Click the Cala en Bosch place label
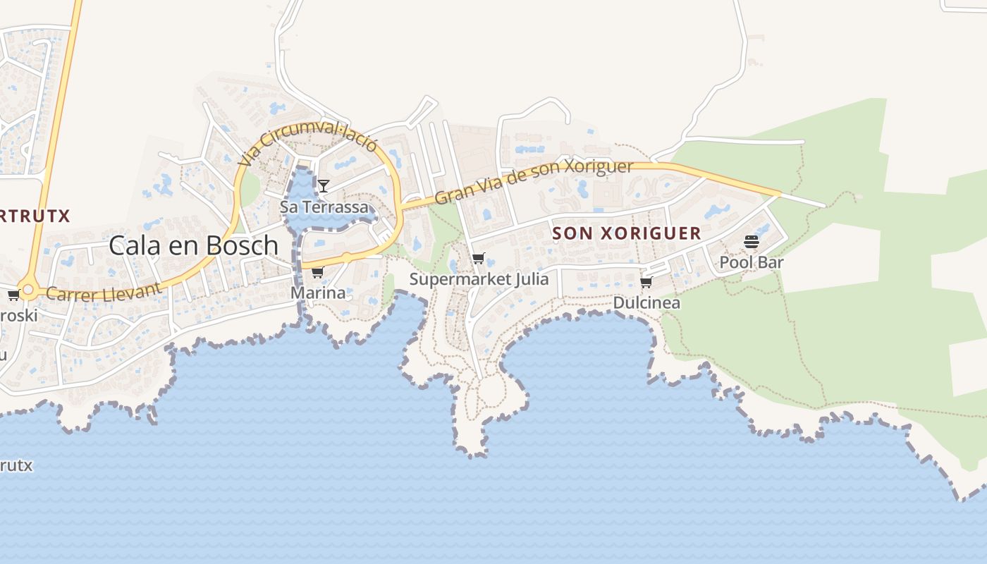pyautogui.click(x=193, y=245)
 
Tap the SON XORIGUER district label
pyautogui.click(x=627, y=233)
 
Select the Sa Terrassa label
pyautogui.click(x=324, y=207)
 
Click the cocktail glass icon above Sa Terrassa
pyautogui.click(x=323, y=186)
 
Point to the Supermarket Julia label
pyautogui.click(x=479, y=279)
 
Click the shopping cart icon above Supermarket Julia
pyautogui.click(x=479, y=259)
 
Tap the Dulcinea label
pyautogui.click(x=646, y=303)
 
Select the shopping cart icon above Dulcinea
pyautogui.click(x=646, y=283)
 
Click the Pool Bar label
pyautogui.click(x=752, y=263)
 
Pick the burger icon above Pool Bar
pyautogui.click(x=751, y=243)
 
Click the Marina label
pyautogui.click(x=318, y=293)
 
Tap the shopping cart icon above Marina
pyautogui.click(x=317, y=273)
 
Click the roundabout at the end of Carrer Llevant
pyautogui.click(x=28, y=289)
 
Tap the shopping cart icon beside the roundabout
pyautogui.click(x=13, y=295)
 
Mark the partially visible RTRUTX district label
pyautogui.click(x=35, y=216)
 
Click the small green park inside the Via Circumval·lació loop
pyautogui.click(x=251, y=187)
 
